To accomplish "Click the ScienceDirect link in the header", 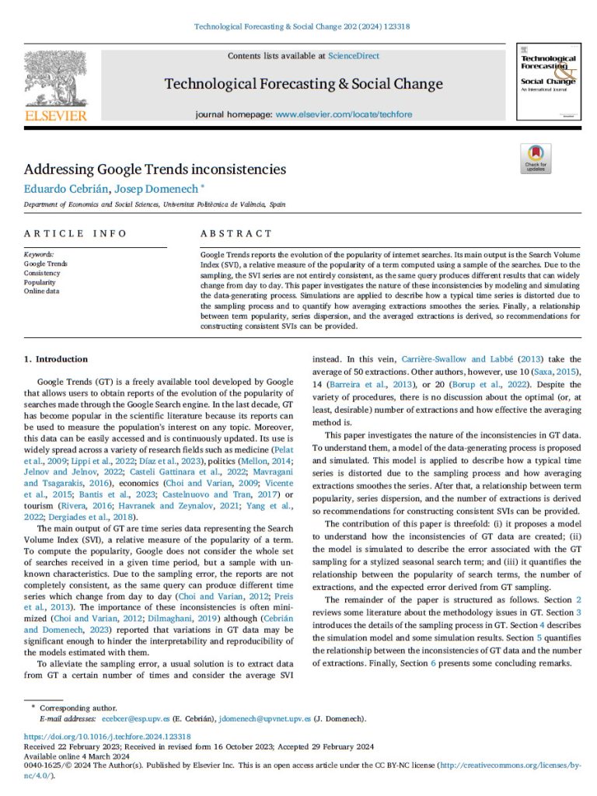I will pyautogui.click(x=354, y=56).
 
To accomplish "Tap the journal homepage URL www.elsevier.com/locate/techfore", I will pyautogui.click(x=344, y=114).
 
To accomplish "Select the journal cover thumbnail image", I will pyautogui.click(x=548, y=82).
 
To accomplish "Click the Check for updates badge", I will pyautogui.click(x=536, y=159).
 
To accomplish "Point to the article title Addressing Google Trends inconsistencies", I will pyautogui.click(x=155, y=169).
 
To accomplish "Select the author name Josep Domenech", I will pyautogui.click(x=161, y=188).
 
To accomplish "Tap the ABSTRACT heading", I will pyautogui.click(x=236, y=233).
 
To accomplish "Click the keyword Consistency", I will pyautogui.click(x=42, y=274).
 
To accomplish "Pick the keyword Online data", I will pyautogui.click(x=44, y=292).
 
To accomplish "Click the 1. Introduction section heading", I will pyautogui.click(x=56, y=359).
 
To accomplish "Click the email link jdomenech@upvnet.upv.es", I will pyautogui.click(x=264, y=719).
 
